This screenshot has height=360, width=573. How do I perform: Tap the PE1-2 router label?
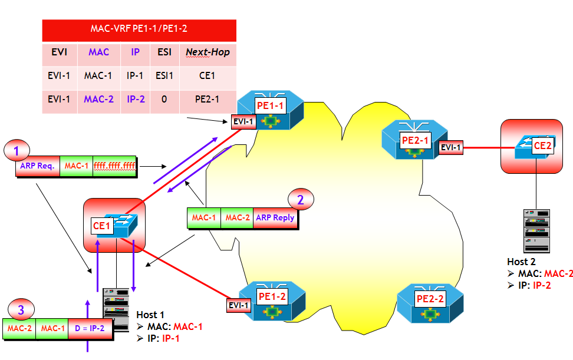272,296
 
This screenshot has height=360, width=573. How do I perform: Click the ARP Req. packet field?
37,166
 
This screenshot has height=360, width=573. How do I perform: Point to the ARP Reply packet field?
275,217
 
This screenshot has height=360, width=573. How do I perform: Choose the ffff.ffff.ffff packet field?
115,166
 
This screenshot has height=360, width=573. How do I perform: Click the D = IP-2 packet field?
90,328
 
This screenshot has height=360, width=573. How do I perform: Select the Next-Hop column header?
208,52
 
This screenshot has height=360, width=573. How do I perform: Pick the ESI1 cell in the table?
164,75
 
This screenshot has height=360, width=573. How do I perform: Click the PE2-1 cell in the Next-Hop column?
208,99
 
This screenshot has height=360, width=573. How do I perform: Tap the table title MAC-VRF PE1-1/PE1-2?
139,28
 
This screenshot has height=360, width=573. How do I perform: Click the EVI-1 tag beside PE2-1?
451,147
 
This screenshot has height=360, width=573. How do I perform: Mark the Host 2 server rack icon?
536,231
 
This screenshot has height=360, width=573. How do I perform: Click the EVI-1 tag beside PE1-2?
239,305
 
